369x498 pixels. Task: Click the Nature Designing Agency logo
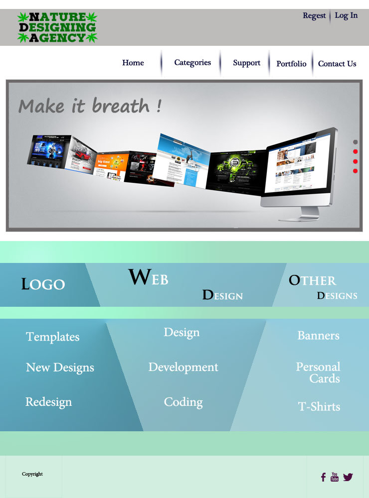[57, 27]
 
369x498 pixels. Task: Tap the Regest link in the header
[314, 16]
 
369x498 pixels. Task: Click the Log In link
[346, 15]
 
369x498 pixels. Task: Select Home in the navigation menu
[133, 63]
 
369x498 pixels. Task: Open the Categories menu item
[192, 63]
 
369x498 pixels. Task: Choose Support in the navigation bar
[246, 63]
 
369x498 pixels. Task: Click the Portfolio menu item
[291, 64]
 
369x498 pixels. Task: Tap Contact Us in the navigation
[337, 64]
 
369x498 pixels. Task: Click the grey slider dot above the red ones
[356, 142]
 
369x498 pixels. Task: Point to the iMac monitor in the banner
[299, 169]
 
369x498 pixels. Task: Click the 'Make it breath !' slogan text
[90, 106]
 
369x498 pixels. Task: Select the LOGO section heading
[43, 284]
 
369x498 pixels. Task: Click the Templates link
[53, 337]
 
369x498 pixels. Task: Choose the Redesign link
[49, 402]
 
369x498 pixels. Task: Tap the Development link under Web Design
[183, 368]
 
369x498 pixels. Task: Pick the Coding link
[183, 402]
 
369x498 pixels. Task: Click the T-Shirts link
[319, 407]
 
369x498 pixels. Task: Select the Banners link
[318, 336]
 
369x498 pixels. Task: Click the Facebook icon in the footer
[323, 477]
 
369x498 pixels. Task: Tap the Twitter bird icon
[348, 477]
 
